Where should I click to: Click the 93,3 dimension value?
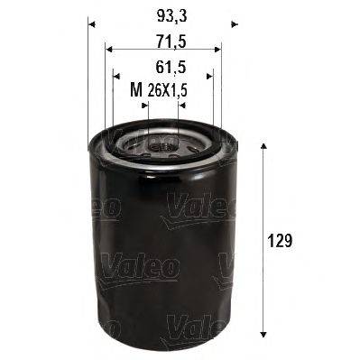coord(162,14)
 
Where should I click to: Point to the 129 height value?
coord(282,241)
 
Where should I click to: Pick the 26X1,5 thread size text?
coord(169,89)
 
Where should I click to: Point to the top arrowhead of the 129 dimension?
coord(263,147)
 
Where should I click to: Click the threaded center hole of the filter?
coord(162,143)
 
